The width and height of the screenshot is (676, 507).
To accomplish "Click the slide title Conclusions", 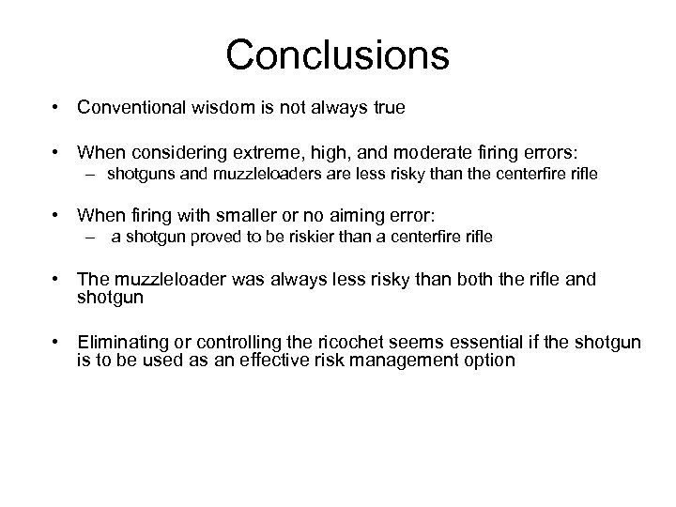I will [x=337, y=54].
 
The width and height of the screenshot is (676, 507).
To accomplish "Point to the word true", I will [x=387, y=108].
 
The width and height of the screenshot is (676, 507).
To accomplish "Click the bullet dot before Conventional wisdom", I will [x=59, y=108].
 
